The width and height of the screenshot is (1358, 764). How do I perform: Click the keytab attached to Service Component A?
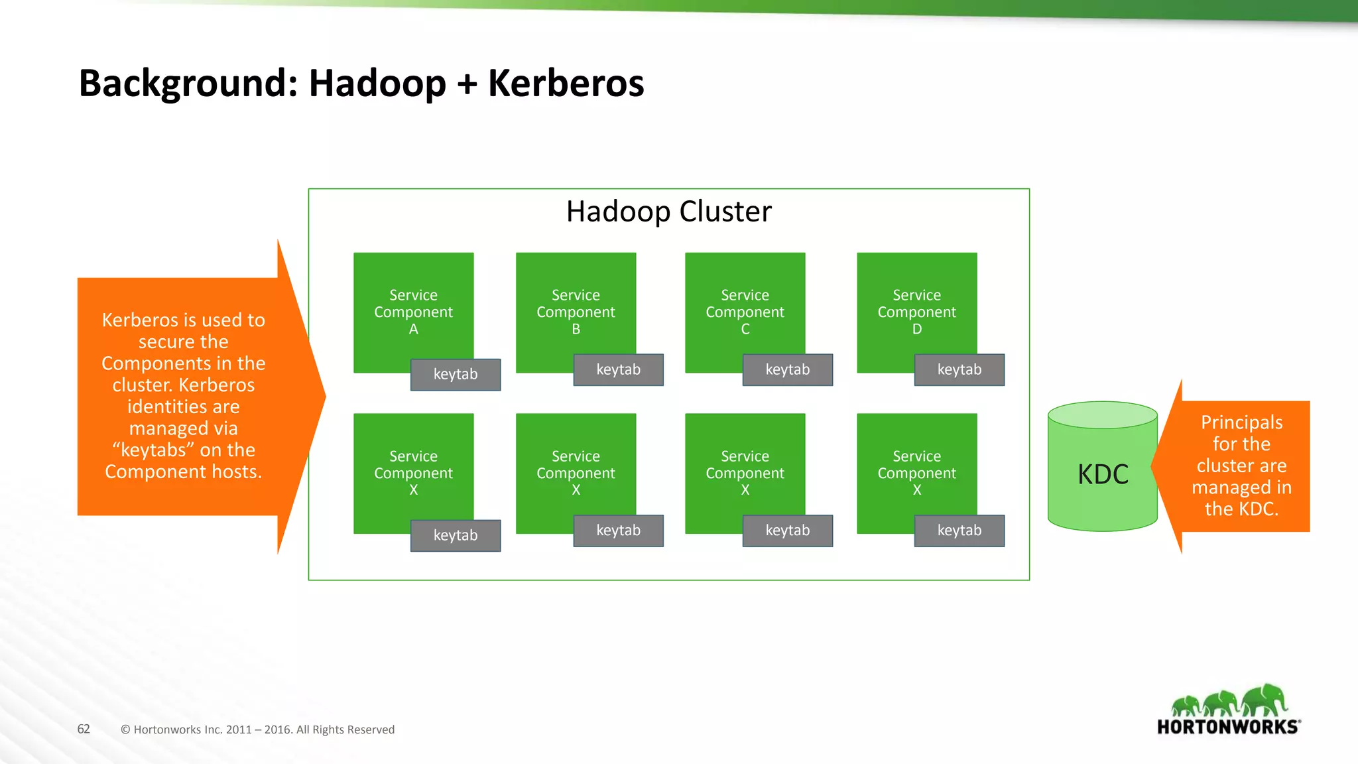pos(456,375)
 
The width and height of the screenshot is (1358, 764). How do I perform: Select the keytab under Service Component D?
pos(959,370)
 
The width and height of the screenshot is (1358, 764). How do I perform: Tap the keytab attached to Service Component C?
pos(787,370)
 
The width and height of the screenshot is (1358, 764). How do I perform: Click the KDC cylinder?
pos(1103,474)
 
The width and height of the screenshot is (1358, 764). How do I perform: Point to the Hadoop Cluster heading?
pos(668,212)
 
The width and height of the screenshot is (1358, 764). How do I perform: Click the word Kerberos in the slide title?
pos(566,84)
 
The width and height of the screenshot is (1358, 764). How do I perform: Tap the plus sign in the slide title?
pos(467,85)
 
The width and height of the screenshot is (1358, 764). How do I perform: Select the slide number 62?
pos(84,729)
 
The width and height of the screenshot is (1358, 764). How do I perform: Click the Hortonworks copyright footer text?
pos(257,730)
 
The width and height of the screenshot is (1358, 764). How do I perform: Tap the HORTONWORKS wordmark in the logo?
pos(1227,727)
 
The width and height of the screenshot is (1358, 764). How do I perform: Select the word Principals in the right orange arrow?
pos(1241,422)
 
